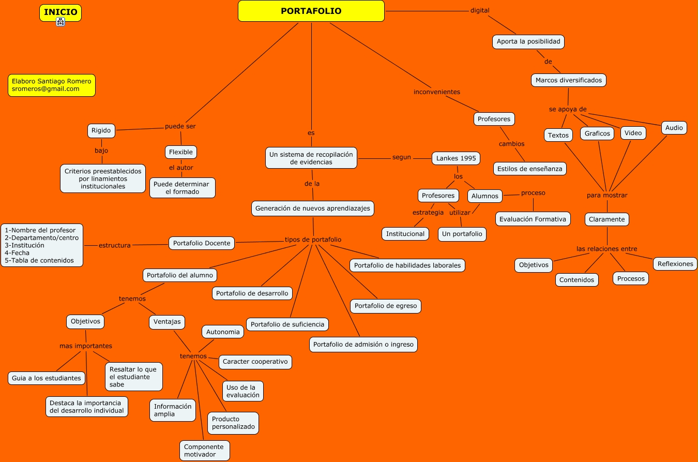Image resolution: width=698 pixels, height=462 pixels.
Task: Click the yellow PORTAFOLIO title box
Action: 311,11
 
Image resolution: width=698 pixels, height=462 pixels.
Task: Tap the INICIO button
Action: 60,12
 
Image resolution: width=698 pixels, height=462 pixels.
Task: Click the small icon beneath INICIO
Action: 60,22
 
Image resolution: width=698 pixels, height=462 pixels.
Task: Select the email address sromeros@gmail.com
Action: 45,89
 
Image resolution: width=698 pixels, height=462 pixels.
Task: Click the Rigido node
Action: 101,131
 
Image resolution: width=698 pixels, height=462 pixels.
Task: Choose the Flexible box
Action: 181,152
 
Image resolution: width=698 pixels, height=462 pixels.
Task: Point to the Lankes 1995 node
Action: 456,158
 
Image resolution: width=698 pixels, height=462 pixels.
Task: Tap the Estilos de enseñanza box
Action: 529,169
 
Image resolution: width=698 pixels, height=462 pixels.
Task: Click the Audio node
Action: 674,128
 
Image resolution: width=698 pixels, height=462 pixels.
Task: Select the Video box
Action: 633,133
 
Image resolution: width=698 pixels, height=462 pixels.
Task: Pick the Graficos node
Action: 597,133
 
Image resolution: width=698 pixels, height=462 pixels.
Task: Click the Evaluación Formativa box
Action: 533,219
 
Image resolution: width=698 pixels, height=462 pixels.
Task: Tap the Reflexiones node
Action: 675,264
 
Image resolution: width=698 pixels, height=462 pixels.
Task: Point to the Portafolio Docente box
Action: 202,243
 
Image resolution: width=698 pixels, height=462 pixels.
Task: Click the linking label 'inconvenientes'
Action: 437,92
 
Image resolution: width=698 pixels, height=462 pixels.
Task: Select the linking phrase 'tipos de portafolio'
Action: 313,240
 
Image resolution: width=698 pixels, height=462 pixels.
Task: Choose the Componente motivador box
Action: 204,451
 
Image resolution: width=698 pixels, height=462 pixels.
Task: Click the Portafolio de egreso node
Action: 386,306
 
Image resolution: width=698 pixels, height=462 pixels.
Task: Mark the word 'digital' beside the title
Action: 480,10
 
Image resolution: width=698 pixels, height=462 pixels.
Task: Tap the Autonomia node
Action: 223,332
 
